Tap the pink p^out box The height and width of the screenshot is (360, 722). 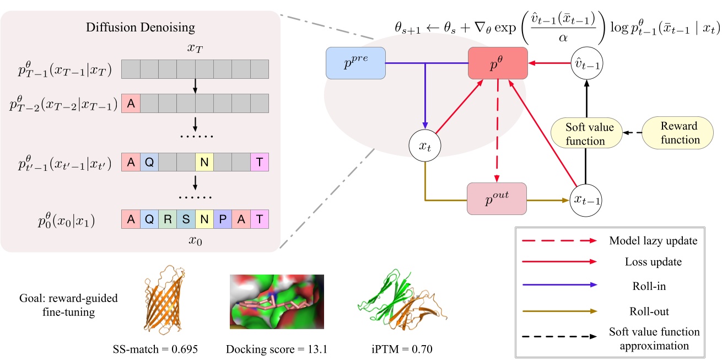click(497, 198)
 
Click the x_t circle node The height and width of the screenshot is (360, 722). click(424, 146)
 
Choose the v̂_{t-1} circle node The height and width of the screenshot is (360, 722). click(586, 64)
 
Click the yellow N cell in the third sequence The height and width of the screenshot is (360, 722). click(204, 163)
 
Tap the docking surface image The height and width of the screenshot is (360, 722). click(277, 302)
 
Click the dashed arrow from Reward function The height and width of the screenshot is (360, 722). click(633, 133)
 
